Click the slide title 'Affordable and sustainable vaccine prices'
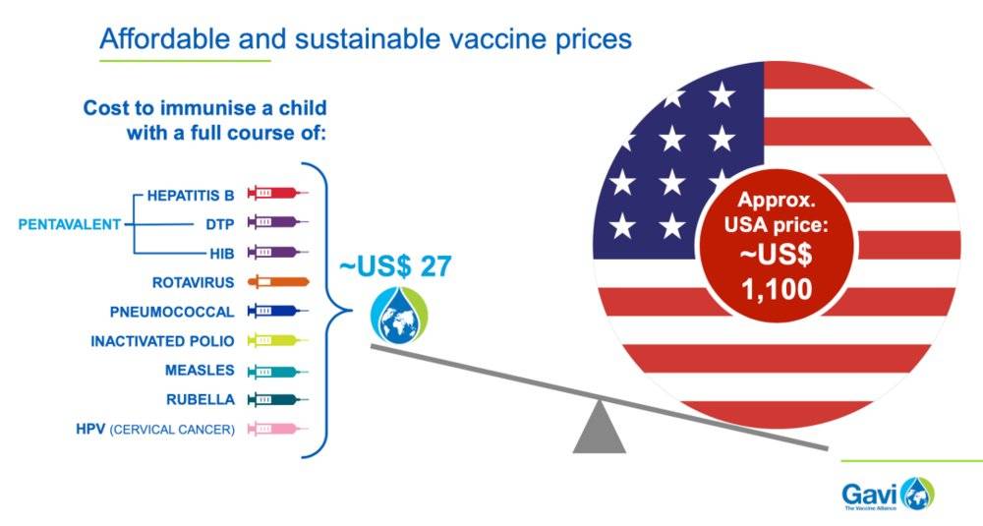[x=366, y=39]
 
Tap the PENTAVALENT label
[x=69, y=224]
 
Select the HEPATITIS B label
[x=191, y=196]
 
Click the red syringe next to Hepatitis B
[x=278, y=193]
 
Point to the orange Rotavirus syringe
[x=278, y=281]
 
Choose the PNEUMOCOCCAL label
[x=172, y=312]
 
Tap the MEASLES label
[x=200, y=371]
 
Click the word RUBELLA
[x=201, y=399]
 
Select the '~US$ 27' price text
[x=395, y=266]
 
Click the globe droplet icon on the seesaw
[x=399, y=316]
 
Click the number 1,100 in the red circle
[x=777, y=289]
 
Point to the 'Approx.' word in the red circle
[x=777, y=201]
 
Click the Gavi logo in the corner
[x=889, y=494]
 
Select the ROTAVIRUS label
[x=193, y=283]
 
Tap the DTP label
[x=219, y=224]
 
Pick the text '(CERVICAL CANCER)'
[x=172, y=430]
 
